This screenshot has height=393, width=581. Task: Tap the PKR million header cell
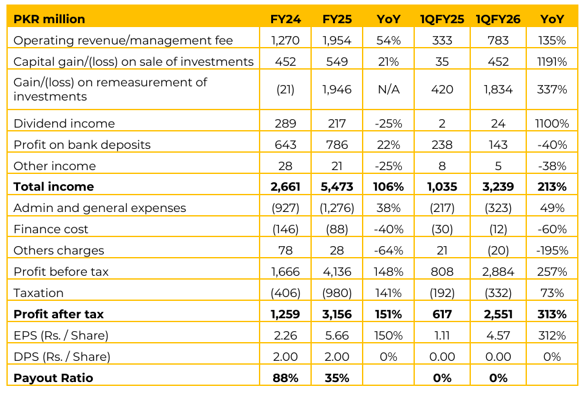click(x=49, y=19)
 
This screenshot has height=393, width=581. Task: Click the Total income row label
click(x=53, y=187)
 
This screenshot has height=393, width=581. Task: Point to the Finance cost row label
click(x=51, y=229)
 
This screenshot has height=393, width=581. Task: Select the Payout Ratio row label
click(x=53, y=378)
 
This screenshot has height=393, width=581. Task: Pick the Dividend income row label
click(x=64, y=124)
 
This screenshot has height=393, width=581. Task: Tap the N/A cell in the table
click(x=388, y=90)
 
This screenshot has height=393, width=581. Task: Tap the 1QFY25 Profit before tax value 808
click(x=442, y=272)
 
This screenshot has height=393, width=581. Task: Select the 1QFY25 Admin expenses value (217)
click(x=442, y=208)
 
